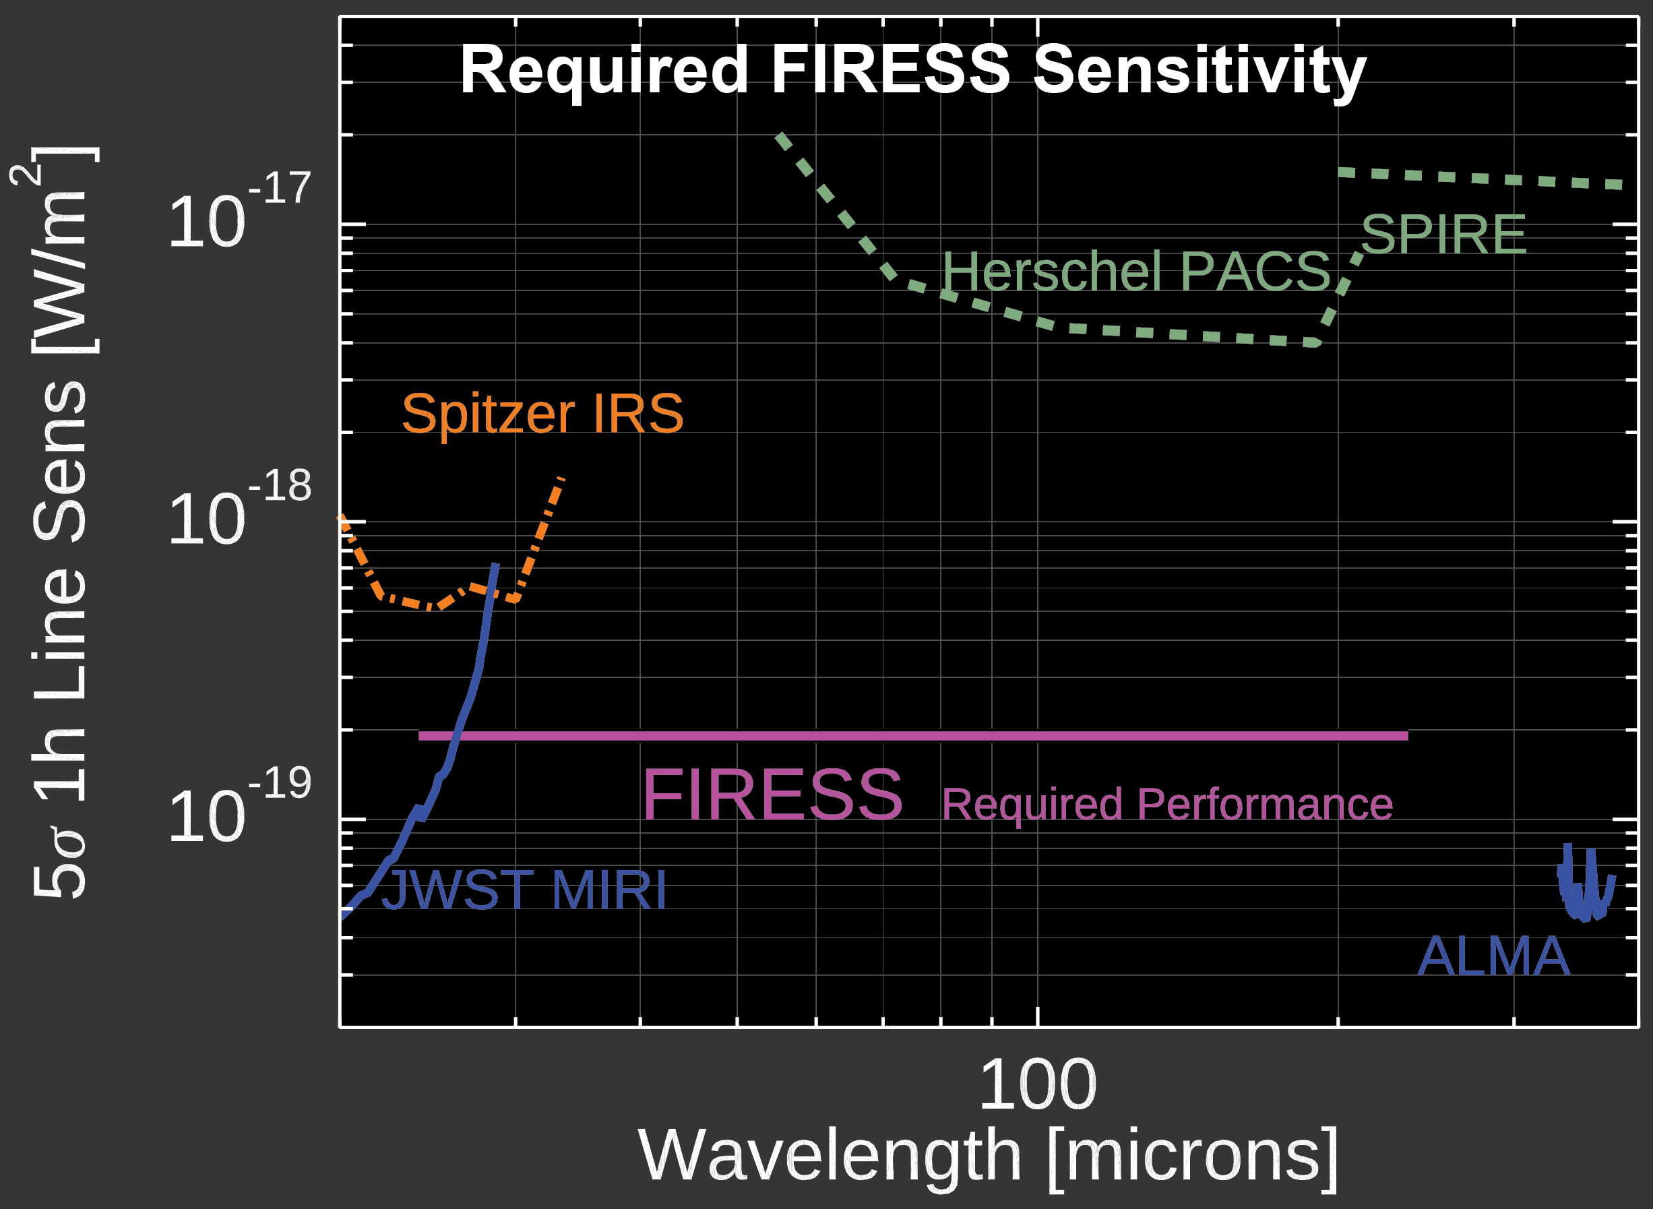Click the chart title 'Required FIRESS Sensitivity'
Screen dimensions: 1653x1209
coord(912,71)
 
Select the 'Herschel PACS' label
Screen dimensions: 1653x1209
coord(1135,272)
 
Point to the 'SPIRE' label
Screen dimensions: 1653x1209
coord(1443,235)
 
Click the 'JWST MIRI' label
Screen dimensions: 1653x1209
coord(523,890)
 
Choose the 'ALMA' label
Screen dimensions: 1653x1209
coord(1493,956)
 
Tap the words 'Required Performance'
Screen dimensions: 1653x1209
coord(1166,805)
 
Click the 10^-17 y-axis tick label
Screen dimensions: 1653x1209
coord(240,212)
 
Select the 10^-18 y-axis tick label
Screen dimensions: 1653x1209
coord(240,509)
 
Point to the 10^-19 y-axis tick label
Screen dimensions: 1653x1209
coord(240,807)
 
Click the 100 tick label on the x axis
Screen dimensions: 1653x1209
coord(1038,1085)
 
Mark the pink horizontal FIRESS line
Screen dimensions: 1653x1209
coord(913,735)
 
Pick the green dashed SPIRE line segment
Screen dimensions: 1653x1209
coord(1480,179)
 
